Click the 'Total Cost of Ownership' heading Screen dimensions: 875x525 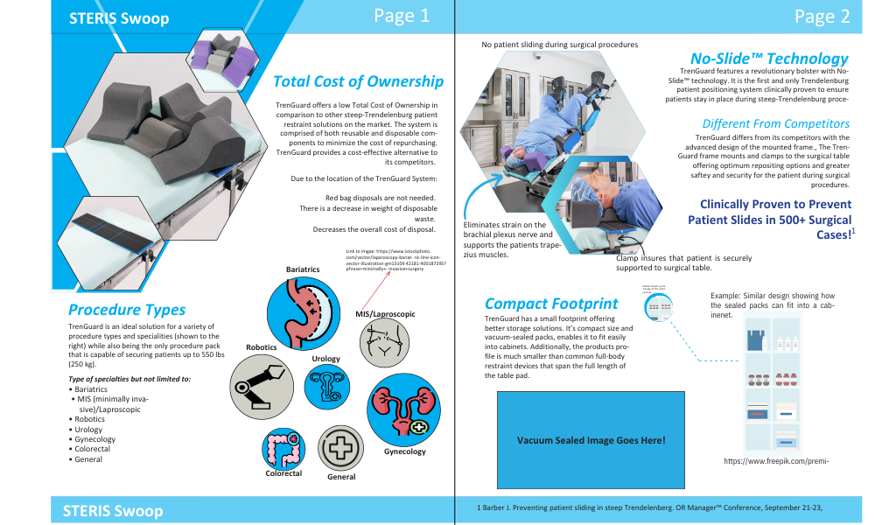pyautogui.click(x=358, y=81)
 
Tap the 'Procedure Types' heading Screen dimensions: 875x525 pyautogui.click(x=127, y=309)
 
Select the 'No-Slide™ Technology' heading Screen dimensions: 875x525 pyautogui.click(x=769, y=58)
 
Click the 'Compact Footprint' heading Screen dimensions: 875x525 pyautogui.click(x=551, y=304)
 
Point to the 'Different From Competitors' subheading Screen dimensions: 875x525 pyautogui.click(x=775, y=123)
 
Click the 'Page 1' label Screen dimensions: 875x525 pyautogui.click(x=401, y=16)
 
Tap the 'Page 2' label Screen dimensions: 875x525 pyautogui.click(x=822, y=17)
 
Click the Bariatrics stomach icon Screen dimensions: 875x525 pyautogui.click(x=300, y=312)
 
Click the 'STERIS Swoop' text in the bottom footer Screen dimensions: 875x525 pyautogui.click(x=113, y=510)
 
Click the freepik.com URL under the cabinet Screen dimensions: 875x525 pyautogui.click(x=776, y=461)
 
